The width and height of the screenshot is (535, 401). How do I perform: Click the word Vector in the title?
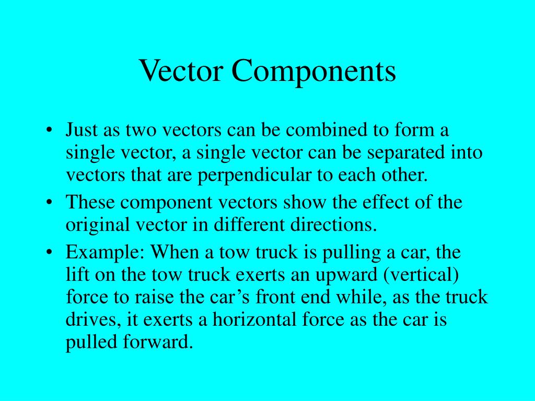[x=182, y=72]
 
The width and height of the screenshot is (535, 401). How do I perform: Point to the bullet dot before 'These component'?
[x=49, y=203]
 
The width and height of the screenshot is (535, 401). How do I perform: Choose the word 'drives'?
[x=88, y=320]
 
